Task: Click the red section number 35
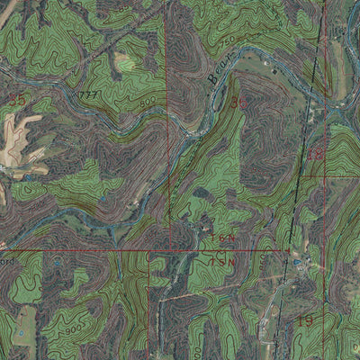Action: (15, 96)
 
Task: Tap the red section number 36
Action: (238, 103)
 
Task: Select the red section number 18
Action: (314, 155)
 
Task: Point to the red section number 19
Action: (303, 320)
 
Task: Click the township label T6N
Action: (223, 238)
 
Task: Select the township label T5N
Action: (222, 261)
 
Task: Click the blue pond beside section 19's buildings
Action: (298, 262)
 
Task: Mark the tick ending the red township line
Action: (289, 249)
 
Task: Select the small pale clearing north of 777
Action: (121, 61)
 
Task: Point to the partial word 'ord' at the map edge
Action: (7, 261)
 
